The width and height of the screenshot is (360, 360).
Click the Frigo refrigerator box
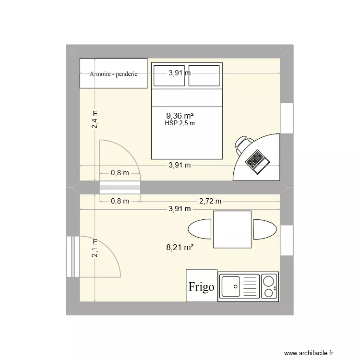[x=202, y=287]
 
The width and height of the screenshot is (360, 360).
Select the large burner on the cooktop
[x=267, y=280]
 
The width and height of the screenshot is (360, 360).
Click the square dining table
[x=232, y=229]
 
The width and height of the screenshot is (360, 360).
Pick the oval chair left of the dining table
[x=200, y=229]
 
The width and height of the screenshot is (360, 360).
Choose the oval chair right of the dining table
[x=264, y=229]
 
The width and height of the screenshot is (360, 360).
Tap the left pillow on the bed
[x=168, y=75]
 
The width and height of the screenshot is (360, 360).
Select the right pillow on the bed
[x=204, y=75]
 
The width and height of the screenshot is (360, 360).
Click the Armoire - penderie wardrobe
[x=113, y=73]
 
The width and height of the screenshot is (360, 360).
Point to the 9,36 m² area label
[x=180, y=116]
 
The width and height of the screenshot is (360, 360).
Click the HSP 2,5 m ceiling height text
[x=180, y=123]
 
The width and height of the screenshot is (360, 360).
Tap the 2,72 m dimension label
[x=210, y=201]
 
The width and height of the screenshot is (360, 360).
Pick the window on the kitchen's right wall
[x=287, y=241]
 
